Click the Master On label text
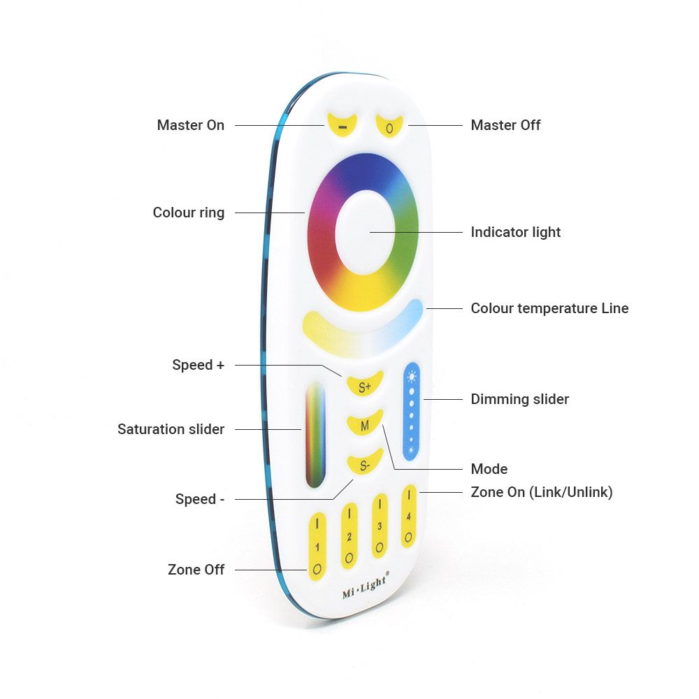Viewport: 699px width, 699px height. click(190, 125)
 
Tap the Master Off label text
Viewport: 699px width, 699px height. click(505, 125)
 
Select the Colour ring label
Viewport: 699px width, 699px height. click(189, 212)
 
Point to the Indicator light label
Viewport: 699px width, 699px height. click(515, 232)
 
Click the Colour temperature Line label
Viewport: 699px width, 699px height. click(549, 308)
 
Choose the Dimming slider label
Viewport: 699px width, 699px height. click(519, 399)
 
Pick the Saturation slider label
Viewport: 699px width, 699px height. click(171, 429)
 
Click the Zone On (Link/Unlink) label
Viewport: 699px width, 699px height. click(541, 492)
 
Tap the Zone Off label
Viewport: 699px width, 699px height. click(196, 570)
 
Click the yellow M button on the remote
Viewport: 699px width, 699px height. click(365, 424)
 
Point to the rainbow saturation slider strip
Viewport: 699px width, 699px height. click(315, 433)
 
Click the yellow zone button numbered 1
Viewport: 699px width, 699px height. click(317, 546)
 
